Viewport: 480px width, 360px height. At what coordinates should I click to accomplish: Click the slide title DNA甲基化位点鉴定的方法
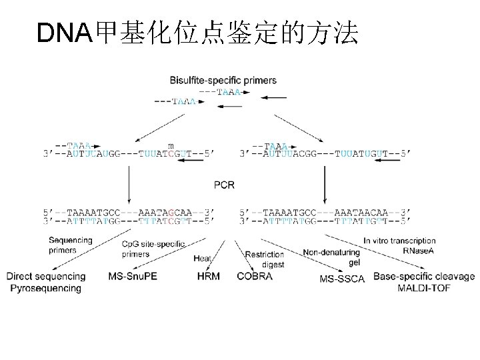(x=197, y=33)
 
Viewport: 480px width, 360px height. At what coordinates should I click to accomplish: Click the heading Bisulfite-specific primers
(x=223, y=81)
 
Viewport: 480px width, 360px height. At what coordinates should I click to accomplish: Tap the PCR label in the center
(x=224, y=184)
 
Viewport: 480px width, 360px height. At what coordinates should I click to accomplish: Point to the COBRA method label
(x=255, y=276)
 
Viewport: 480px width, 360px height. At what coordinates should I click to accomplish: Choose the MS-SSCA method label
(x=342, y=278)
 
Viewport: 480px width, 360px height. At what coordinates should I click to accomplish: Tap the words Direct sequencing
(x=46, y=276)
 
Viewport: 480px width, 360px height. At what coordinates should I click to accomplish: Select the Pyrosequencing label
(x=45, y=288)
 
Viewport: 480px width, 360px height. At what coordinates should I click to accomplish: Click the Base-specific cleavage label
(x=424, y=276)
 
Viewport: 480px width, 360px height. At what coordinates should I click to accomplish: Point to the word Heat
(x=203, y=258)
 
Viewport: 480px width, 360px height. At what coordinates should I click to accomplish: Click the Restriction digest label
(x=265, y=259)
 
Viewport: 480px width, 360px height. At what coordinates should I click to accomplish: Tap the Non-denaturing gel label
(x=331, y=257)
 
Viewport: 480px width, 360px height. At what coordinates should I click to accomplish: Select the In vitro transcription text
(x=399, y=241)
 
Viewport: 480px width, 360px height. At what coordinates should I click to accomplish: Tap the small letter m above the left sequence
(x=171, y=146)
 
